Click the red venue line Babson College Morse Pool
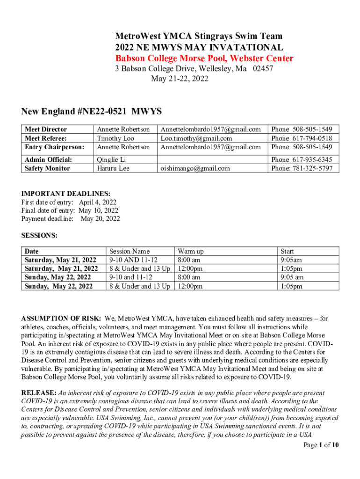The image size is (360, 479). pos(204,58)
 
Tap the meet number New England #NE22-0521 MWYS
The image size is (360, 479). pos(91,111)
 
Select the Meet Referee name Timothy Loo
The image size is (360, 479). pos(115,138)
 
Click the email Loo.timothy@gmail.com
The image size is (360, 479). pos(196,138)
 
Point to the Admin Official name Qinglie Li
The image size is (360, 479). pos(111,160)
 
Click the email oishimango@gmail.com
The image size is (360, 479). pos(195,168)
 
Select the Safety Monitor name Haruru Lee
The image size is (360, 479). pos(113,168)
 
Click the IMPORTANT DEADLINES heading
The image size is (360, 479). pos(66,193)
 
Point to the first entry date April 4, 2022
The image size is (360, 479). pos(97,202)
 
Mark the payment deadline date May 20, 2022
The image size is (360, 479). pos(100,218)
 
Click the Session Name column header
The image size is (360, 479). pos(129,251)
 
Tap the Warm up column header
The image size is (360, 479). pos(190,251)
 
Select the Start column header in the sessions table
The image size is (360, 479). pos(287,251)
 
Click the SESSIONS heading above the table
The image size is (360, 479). pos(39,236)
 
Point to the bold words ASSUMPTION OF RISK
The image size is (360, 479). pos(61,319)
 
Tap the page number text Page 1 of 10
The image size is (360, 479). pos(321,445)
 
